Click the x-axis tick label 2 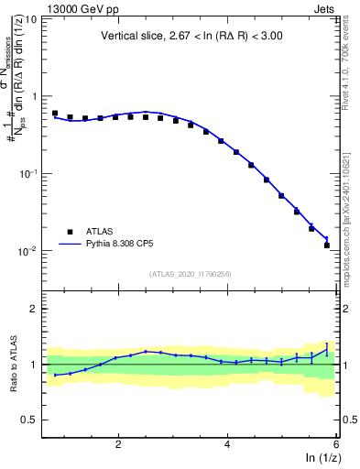(x=118, y=444)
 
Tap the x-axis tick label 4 (x=227, y=444)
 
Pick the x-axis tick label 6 (x=335, y=444)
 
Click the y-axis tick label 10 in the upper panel (x=30, y=18)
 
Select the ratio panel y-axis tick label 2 (x=34, y=309)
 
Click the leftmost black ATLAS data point (x=55, y=114)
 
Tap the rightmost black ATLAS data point (x=327, y=245)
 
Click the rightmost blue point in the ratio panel (x=327, y=349)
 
